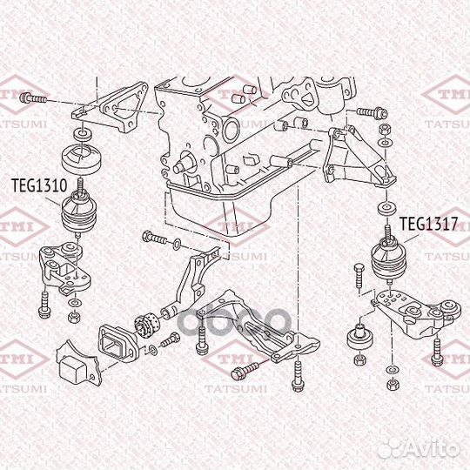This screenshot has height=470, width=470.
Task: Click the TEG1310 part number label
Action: pyautogui.click(x=38, y=185)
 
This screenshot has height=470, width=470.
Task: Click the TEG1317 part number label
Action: pyautogui.click(x=428, y=224)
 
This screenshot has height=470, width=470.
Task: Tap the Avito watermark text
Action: pyautogui.click(x=433, y=445)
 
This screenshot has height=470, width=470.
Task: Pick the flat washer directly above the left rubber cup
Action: pyautogui.click(x=82, y=132)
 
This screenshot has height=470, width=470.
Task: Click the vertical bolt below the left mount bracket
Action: pyautogui.click(x=44, y=301)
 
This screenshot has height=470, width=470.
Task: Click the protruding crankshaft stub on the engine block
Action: pyautogui.click(x=185, y=162)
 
